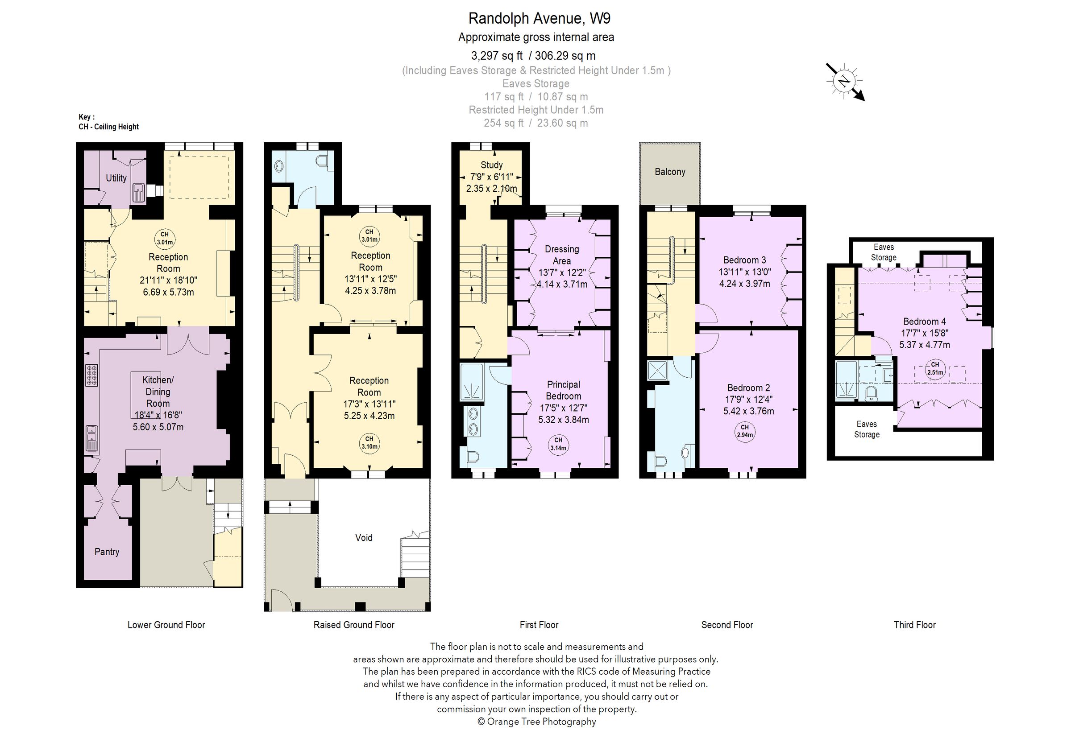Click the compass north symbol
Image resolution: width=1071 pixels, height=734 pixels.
(844, 82)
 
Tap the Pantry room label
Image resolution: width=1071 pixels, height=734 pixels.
(107, 552)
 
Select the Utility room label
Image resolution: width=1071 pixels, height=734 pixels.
(116, 178)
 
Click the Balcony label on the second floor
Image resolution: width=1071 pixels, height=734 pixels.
(670, 172)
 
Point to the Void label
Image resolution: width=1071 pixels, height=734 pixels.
(364, 537)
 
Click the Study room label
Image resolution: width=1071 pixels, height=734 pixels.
(491, 165)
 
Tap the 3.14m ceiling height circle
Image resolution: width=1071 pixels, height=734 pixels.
(558, 444)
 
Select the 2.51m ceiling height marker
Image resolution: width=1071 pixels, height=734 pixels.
(935, 369)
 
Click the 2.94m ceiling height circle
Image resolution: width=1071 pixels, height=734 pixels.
(745, 431)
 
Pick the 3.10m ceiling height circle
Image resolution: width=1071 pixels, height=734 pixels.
(369, 442)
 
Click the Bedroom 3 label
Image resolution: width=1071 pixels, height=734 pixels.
(744, 260)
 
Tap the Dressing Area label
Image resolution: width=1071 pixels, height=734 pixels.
(562, 255)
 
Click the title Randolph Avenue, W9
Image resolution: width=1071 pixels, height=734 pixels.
(539, 18)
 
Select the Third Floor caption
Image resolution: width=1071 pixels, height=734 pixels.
(914, 625)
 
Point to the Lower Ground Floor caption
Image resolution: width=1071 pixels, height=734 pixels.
(166, 625)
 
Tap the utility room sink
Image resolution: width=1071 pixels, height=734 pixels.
(139, 193)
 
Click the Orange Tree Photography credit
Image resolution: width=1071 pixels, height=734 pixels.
(536, 722)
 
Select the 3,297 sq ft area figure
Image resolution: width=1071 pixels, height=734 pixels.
(497, 56)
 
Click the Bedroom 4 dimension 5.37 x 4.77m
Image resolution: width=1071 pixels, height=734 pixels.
(925, 345)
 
